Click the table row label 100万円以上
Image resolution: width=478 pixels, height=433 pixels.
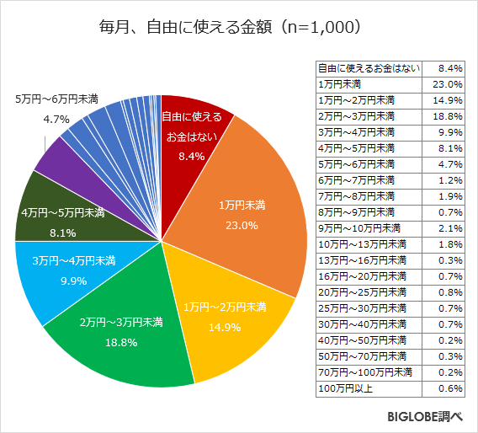pyautogui.click(x=341, y=388)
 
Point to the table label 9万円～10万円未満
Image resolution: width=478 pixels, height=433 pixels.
pyautogui.click(x=358, y=227)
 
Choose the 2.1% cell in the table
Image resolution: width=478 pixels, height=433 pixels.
pyautogui.click(x=447, y=227)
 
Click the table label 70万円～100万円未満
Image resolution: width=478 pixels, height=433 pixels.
pyautogui.click(x=364, y=372)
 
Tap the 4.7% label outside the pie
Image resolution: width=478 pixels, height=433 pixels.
pyautogui.click(x=56, y=120)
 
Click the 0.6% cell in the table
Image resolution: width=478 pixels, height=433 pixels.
pyautogui.click(x=447, y=388)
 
